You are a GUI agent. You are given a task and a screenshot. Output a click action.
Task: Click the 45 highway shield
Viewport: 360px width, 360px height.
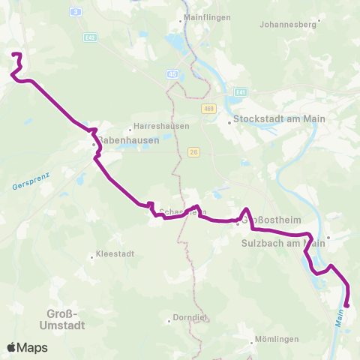coord(173,73)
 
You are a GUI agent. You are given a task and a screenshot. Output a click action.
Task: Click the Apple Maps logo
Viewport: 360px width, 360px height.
coord(27,347)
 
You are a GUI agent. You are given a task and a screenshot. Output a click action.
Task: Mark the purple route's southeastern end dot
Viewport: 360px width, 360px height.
coord(347,304)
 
